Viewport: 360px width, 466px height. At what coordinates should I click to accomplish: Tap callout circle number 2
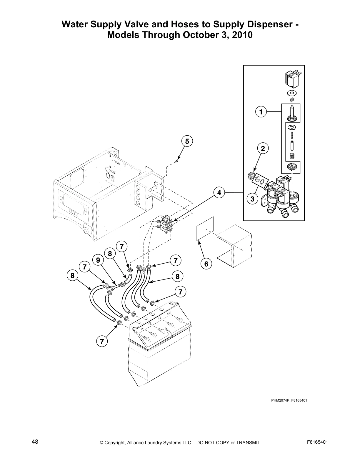coord(263,149)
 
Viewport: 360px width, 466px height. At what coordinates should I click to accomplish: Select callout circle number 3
coord(252,199)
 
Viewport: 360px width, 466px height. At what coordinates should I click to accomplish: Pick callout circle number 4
coord(219,193)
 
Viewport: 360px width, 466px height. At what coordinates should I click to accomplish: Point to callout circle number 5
coord(187,141)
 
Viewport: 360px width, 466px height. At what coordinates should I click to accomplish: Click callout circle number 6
coord(206,264)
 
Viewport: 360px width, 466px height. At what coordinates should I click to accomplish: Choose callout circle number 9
coord(98,260)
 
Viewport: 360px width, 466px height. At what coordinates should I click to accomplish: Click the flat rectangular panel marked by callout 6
coord(205,229)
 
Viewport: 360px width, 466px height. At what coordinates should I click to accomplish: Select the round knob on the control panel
coord(86,230)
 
